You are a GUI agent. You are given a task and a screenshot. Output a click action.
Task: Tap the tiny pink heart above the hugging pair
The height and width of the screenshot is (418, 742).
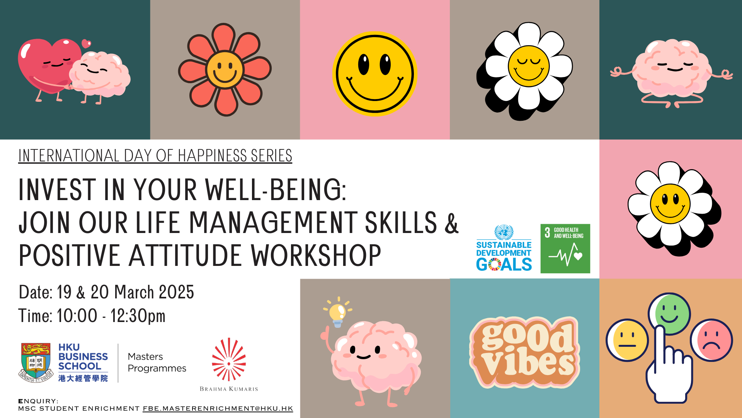(86, 43)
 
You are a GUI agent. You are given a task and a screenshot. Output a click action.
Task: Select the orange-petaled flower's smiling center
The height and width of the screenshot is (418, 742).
(225, 70)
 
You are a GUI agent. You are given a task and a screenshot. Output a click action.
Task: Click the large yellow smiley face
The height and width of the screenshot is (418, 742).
(374, 74)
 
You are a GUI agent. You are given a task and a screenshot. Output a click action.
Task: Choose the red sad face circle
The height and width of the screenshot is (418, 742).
(711, 340)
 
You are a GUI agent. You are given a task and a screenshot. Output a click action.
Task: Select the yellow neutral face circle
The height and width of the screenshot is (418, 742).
(627, 340)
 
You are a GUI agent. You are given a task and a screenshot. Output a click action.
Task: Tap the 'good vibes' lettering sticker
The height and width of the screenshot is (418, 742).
(524, 352)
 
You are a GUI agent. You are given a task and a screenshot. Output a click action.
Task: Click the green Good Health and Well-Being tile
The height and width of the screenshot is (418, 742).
(565, 248)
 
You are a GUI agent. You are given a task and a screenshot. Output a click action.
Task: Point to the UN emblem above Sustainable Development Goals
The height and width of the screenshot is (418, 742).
(504, 232)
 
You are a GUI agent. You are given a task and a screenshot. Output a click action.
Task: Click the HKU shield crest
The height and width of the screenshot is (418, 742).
(36, 362)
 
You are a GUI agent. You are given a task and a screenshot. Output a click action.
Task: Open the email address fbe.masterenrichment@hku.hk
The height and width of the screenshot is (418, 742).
(218, 409)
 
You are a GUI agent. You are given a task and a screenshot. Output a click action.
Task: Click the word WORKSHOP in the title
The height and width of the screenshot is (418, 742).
(316, 256)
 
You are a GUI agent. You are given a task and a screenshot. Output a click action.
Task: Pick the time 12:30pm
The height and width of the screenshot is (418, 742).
(138, 316)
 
